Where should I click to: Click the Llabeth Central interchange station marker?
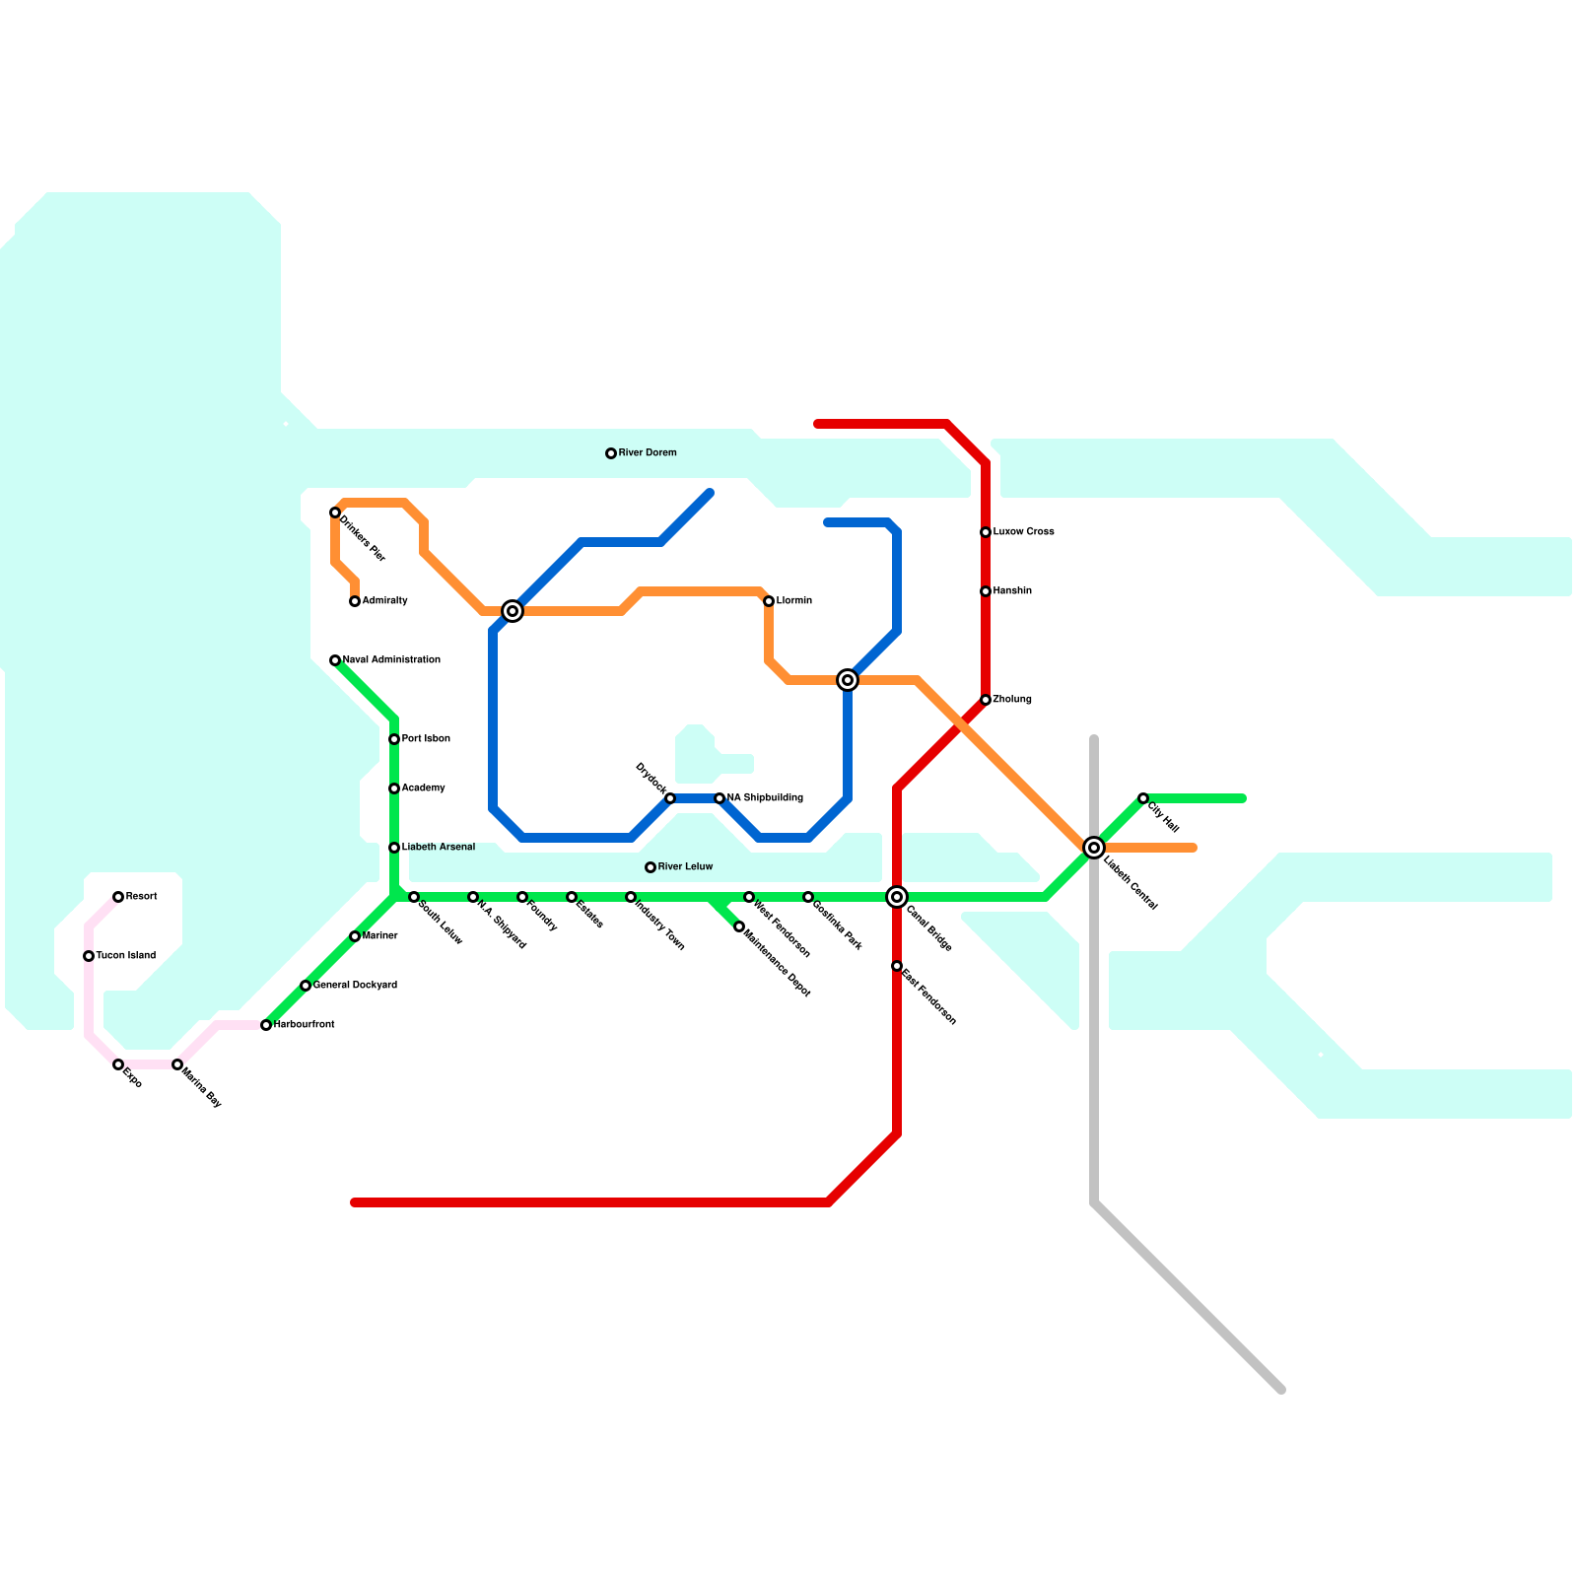[1093, 848]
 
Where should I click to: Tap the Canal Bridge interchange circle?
[896, 897]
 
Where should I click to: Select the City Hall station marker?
[1142, 798]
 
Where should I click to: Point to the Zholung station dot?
[985, 700]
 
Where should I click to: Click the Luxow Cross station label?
[1023, 532]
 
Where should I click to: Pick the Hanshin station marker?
[985, 591]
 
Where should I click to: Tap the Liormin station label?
[793, 601]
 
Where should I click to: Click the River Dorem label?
[647, 453]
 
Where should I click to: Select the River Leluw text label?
[685, 867]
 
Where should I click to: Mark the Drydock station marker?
[669, 798]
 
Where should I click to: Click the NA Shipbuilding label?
[765, 798]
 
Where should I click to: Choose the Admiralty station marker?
[354, 601]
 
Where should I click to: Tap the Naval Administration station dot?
[334, 660]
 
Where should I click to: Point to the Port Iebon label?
[426, 739]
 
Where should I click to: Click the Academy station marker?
[393, 788]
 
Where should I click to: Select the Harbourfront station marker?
[265, 1025]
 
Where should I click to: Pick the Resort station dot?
[117, 897]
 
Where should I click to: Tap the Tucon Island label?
[125, 956]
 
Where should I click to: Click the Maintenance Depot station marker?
[738, 926]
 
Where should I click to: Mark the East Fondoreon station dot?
[896, 966]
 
